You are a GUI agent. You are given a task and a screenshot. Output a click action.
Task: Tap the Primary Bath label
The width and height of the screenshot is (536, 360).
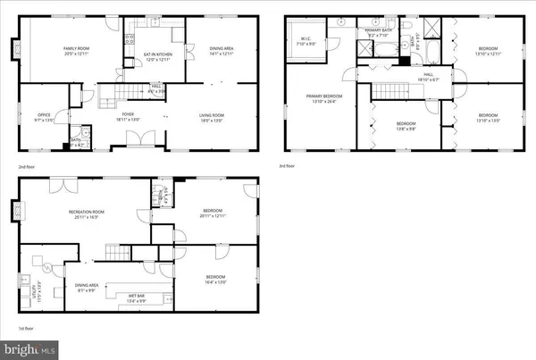click(379, 33)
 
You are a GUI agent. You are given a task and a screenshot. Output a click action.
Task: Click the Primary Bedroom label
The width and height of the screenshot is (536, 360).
click(319, 98)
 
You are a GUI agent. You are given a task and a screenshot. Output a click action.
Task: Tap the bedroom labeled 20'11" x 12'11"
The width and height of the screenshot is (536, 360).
click(206, 213)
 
